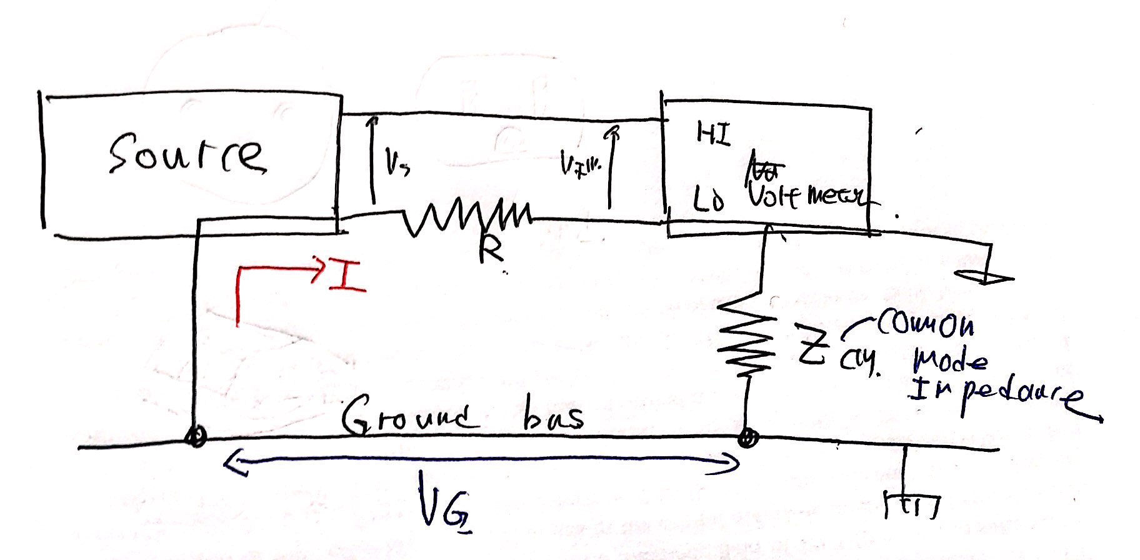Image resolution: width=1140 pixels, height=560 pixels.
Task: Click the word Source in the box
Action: tap(186, 154)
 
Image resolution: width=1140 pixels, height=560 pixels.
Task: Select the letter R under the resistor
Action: tap(491, 252)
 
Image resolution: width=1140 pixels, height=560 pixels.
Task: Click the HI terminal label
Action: tap(713, 134)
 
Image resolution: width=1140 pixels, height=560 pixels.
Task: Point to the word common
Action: tap(925, 324)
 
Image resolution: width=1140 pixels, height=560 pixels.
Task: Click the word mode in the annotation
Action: tap(949, 361)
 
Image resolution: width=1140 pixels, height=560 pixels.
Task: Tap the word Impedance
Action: tap(994, 394)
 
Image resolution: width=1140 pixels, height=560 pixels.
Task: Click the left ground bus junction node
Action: tap(196, 437)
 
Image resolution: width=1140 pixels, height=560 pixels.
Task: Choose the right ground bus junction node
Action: tap(745, 438)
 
